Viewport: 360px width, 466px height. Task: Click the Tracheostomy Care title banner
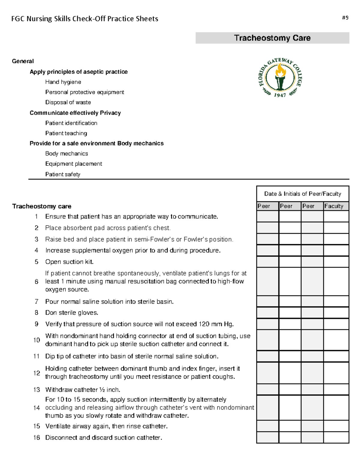click(272, 38)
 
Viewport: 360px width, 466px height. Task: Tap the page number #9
click(345, 18)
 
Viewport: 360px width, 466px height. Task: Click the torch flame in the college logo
click(280, 71)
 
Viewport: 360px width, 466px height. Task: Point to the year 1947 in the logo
click(280, 95)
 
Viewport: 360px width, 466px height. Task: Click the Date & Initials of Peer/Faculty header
click(302, 194)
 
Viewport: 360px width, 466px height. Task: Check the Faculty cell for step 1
click(336, 216)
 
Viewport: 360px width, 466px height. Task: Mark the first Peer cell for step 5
click(267, 262)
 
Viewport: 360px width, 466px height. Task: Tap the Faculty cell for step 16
click(336, 437)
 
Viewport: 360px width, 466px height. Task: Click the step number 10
click(37, 340)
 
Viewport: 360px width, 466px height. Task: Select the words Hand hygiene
click(63, 82)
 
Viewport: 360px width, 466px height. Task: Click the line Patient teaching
click(66, 133)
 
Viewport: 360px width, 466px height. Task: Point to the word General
click(23, 61)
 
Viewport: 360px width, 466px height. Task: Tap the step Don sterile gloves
click(72, 313)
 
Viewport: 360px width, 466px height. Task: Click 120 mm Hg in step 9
click(216, 324)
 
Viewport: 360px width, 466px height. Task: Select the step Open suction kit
click(69, 262)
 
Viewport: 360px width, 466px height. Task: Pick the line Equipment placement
click(73, 164)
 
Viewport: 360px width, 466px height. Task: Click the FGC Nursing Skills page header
click(85, 19)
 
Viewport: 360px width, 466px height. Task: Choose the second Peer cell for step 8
click(290, 313)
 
